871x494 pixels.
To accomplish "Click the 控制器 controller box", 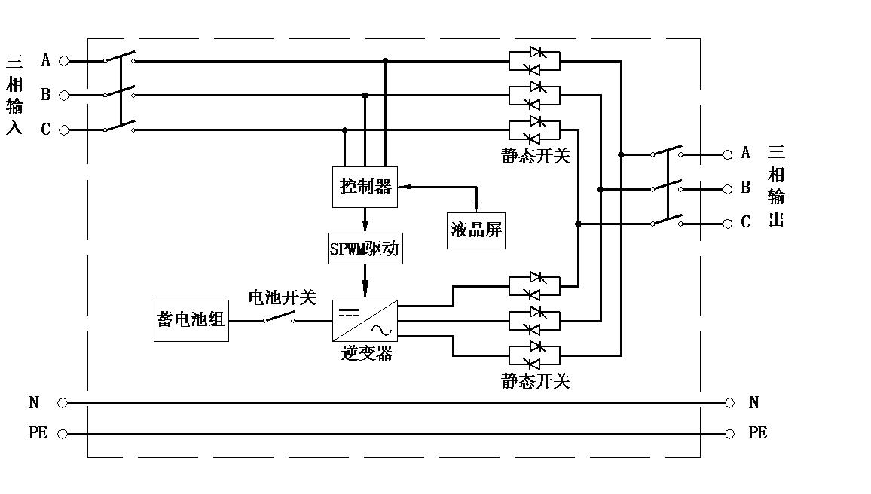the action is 365,187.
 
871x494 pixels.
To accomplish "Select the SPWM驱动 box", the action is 365,248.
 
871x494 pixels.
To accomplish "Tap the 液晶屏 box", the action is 476,230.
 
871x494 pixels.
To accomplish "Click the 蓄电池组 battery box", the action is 191,321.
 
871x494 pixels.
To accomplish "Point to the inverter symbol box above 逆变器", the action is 365,321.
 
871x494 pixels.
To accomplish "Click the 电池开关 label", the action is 283,297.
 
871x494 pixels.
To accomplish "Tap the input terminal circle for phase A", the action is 64,61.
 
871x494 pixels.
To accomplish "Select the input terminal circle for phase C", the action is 64,130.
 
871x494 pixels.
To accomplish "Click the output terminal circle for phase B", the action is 728,189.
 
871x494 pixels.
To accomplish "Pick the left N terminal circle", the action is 63,403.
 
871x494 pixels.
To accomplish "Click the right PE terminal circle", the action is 729,434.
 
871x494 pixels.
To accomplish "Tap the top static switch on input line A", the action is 534,61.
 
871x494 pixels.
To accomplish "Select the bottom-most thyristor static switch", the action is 534,355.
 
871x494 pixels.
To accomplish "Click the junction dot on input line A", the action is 385,61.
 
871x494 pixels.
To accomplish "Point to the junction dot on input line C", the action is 344,130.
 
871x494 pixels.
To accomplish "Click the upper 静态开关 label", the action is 536,156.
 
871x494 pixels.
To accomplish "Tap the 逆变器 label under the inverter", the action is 367,353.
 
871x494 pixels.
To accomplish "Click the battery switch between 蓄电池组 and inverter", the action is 279,318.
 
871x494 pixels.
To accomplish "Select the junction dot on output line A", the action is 621,155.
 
